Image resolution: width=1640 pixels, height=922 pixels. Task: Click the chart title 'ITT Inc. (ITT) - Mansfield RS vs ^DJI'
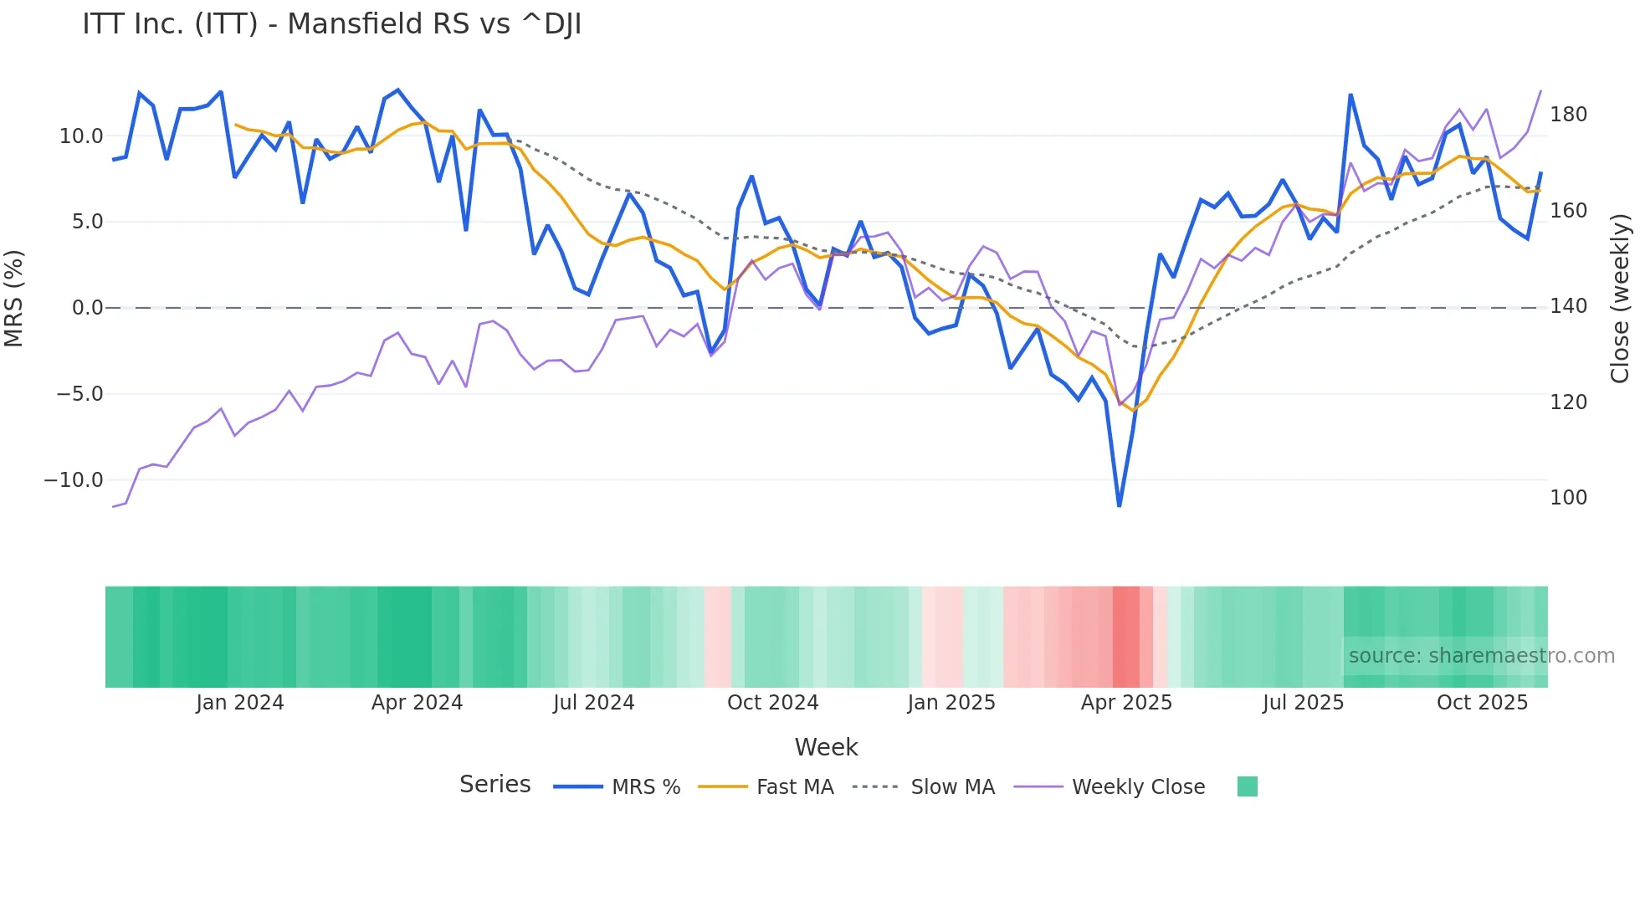pyautogui.click(x=331, y=24)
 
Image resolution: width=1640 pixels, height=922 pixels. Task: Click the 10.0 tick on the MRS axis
pyautogui.click(x=81, y=136)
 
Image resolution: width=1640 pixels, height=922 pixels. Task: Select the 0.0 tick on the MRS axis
pyautogui.click(x=87, y=308)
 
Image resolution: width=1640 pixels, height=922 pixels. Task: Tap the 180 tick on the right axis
pyautogui.click(x=1568, y=115)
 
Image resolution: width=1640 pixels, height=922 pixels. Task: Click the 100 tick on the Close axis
pyautogui.click(x=1568, y=498)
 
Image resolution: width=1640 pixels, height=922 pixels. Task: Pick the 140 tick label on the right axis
pyautogui.click(x=1568, y=306)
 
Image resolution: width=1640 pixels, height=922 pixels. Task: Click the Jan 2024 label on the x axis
pyautogui.click(x=240, y=703)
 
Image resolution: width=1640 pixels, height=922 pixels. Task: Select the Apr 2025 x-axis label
pyautogui.click(x=1126, y=703)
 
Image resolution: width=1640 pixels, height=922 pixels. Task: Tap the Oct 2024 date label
pyautogui.click(x=772, y=703)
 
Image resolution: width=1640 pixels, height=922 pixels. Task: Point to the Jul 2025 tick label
pyautogui.click(x=1303, y=703)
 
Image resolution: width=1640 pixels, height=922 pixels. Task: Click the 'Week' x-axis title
pyautogui.click(x=826, y=747)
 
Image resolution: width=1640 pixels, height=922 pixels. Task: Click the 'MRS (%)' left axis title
pyautogui.click(x=14, y=299)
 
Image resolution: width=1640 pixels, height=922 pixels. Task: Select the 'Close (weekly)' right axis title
pyautogui.click(x=1620, y=299)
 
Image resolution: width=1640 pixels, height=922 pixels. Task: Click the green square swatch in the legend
pyautogui.click(x=1247, y=786)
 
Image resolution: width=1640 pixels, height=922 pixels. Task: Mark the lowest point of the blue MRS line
pyautogui.click(x=1119, y=505)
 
